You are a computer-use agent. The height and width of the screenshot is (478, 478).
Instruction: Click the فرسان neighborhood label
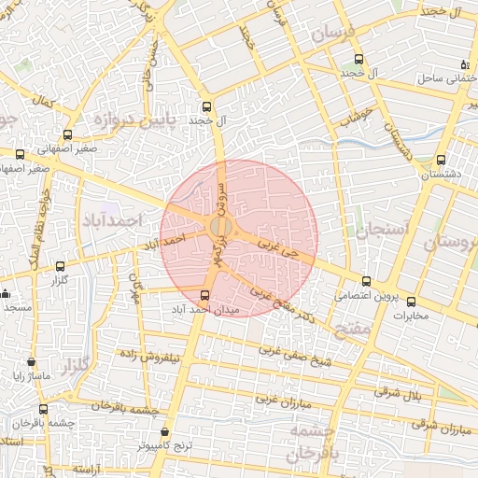(x=334, y=34)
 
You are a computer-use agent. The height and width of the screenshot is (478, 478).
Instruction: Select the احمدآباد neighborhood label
(x=136, y=219)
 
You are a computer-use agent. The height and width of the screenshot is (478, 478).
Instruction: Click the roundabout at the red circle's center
(x=221, y=228)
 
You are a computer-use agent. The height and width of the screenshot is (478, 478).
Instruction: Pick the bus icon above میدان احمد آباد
(x=205, y=296)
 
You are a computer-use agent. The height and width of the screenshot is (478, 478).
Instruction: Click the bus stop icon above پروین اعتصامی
(x=366, y=282)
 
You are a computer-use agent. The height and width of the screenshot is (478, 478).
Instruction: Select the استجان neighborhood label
(x=383, y=229)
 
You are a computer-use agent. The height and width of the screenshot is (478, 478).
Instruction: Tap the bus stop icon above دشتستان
(x=441, y=160)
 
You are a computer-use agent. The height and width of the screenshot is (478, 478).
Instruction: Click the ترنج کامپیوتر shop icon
(x=166, y=432)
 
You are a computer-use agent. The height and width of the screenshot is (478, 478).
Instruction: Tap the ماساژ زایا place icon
(x=32, y=362)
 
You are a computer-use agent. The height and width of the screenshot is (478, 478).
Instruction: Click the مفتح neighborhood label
(x=357, y=330)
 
